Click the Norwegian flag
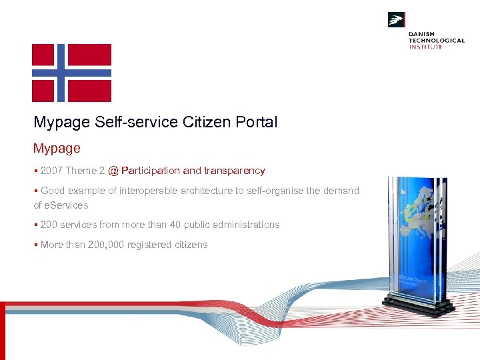tap(71, 73)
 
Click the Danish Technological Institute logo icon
tap(397, 20)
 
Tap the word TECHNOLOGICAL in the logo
tap(437, 40)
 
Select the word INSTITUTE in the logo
tap(425, 47)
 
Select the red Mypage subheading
tap(57, 148)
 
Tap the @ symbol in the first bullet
tap(113, 171)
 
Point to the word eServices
tap(66, 205)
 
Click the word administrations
tap(247, 225)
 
